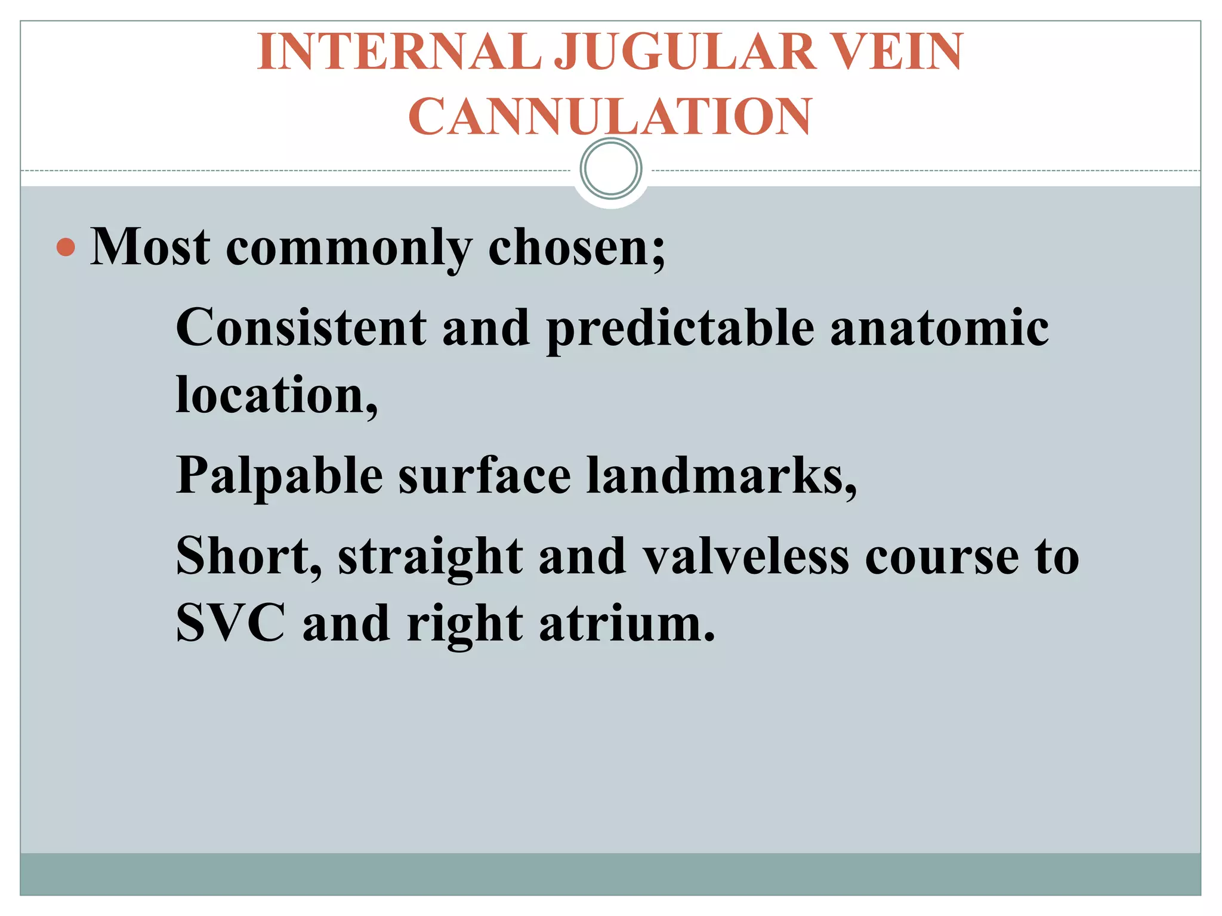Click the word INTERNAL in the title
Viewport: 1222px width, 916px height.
click(x=399, y=52)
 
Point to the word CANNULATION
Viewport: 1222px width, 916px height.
click(x=610, y=117)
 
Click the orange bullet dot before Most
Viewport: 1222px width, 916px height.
click(x=66, y=246)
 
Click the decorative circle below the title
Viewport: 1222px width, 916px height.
click(x=611, y=169)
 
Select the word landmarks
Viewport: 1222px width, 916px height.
click(x=720, y=475)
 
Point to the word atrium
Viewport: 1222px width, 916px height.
click(x=626, y=623)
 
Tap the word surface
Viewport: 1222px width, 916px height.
click(x=485, y=475)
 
